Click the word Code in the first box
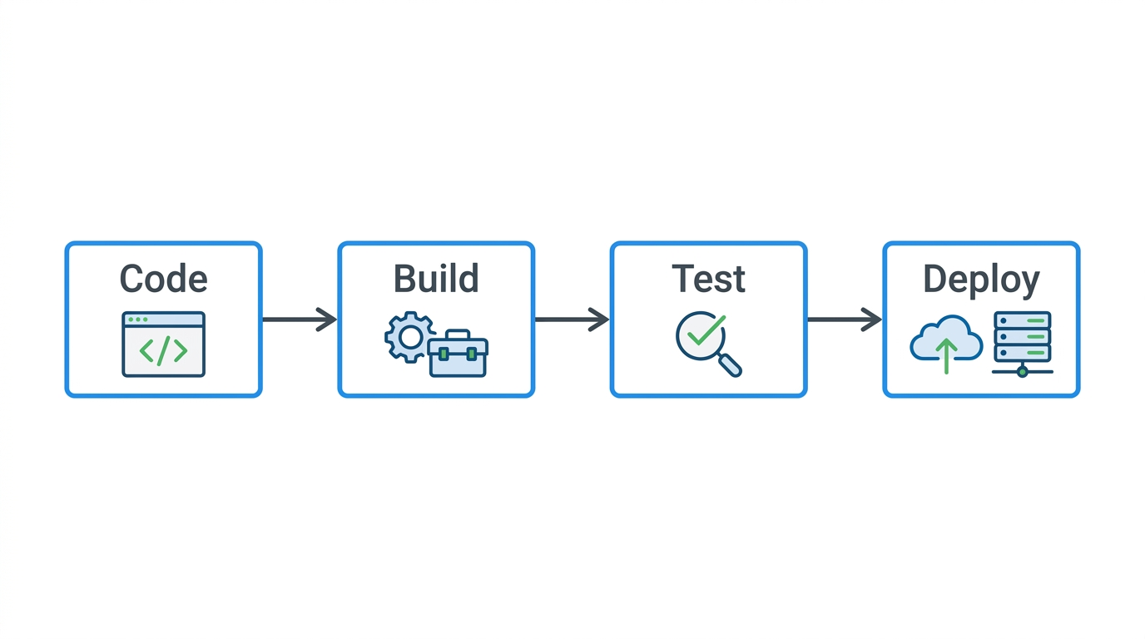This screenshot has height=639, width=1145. [163, 279]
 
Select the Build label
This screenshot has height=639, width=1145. [436, 279]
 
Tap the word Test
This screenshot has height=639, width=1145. [708, 279]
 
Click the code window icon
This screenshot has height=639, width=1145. [163, 344]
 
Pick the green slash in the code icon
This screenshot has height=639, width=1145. [163, 351]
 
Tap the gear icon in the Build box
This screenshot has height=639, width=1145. [409, 337]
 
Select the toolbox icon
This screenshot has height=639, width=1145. [458, 354]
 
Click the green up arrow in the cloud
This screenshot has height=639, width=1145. [946, 354]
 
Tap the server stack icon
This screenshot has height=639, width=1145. [1023, 337]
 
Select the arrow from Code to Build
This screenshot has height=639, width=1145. [300, 319]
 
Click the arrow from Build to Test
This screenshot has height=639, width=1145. [572, 319]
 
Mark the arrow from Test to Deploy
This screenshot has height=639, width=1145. [845, 319]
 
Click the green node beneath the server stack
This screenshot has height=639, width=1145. [1023, 372]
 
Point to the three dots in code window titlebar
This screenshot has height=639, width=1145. [138, 319]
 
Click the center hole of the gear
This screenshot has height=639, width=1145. [409, 337]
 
